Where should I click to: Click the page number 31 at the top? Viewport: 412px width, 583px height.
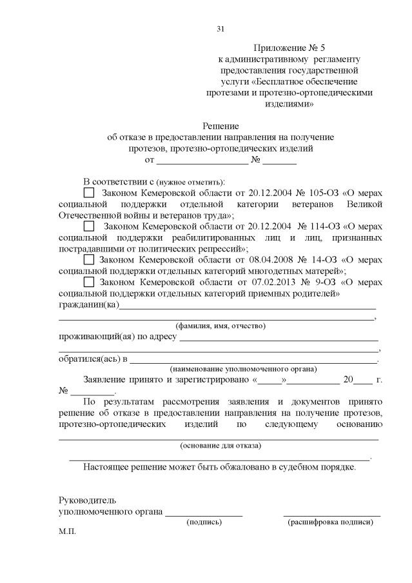click(221, 28)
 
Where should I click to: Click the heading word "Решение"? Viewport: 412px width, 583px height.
click(221, 126)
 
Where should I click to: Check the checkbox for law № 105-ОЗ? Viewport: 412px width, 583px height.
click(89, 193)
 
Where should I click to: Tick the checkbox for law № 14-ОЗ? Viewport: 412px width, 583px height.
click(89, 260)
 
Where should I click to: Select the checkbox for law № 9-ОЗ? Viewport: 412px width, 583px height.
click(89, 282)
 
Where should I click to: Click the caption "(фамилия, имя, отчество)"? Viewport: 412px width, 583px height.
click(221, 326)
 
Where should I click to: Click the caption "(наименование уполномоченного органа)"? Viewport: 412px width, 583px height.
click(243, 369)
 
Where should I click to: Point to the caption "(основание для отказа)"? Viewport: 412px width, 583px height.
click(221, 446)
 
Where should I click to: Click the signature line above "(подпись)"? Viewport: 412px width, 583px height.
click(204, 515)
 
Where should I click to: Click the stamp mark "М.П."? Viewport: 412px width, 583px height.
click(67, 532)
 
